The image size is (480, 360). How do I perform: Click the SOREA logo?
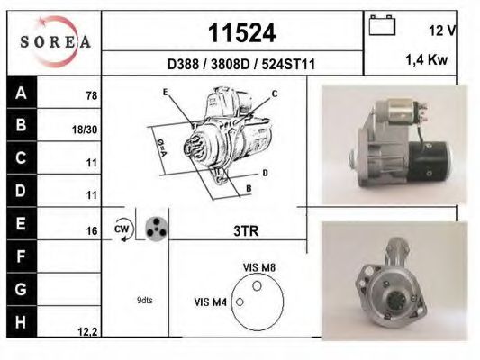coord(55,42)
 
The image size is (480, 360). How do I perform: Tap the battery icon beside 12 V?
coord(382,27)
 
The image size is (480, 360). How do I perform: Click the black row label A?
coord(21,93)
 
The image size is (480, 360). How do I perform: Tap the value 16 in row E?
coord(90,231)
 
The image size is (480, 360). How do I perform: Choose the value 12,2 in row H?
coord(86,332)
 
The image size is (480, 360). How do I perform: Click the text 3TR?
coord(245,230)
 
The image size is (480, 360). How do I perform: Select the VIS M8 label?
coord(259,267)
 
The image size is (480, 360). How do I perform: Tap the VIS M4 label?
coord(212,301)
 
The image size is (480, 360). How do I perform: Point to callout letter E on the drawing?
coord(166,93)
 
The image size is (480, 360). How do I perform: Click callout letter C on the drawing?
coord(275,94)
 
